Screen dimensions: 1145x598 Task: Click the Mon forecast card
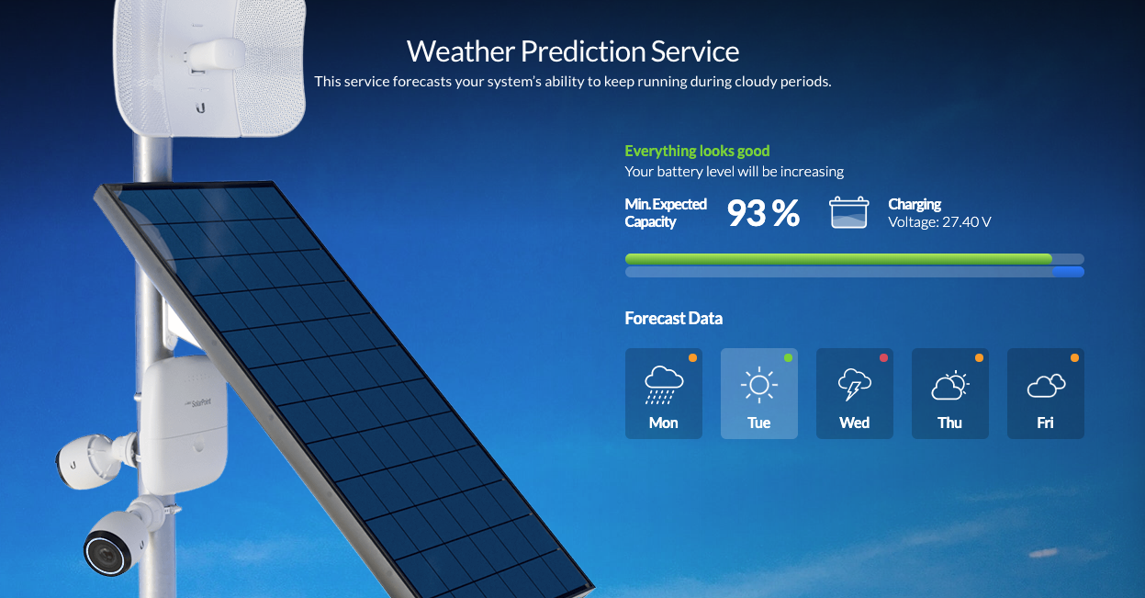(x=664, y=393)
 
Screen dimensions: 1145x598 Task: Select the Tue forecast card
(x=759, y=393)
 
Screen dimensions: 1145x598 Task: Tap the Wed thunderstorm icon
(x=854, y=384)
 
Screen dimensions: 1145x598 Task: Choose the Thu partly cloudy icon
(x=949, y=385)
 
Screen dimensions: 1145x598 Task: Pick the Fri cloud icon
(x=1046, y=386)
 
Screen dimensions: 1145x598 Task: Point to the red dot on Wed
(x=883, y=358)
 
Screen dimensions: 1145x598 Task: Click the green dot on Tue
(x=788, y=358)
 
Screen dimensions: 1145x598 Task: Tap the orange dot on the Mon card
(x=692, y=358)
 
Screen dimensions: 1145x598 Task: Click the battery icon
(x=848, y=212)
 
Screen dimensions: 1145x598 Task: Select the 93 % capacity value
(x=763, y=213)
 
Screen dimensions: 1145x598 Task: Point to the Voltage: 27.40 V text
(x=939, y=222)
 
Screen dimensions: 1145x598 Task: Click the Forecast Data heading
(x=674, y=318)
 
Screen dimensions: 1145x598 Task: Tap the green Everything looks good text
(x=697, y=151)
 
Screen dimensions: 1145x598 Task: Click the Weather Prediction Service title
(x=573, y=51)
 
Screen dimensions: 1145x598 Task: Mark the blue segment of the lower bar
(x=1068, y=272)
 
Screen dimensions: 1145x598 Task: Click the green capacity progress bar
(x=838, y=259)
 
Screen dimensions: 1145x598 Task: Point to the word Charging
(x=915, y=204)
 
